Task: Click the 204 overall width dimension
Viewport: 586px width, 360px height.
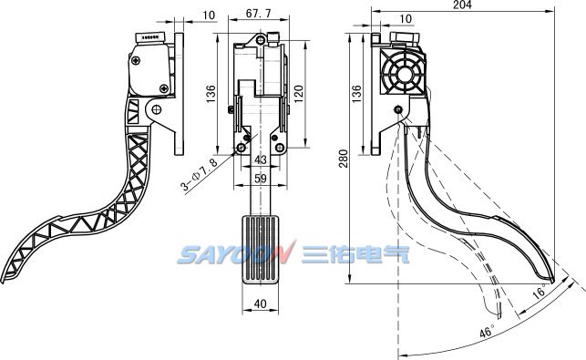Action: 462,5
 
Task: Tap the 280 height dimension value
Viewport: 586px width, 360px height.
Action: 344,159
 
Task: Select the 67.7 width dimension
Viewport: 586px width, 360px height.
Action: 258,13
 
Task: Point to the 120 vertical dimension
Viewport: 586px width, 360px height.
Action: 298,94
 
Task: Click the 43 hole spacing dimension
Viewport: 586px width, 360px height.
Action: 261,159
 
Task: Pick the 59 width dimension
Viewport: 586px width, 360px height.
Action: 261,179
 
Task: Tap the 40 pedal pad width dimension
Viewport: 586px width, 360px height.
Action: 260,303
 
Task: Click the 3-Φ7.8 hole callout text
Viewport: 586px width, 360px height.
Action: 199,175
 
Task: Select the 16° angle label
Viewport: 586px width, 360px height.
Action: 539,291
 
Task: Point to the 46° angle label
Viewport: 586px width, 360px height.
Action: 487,332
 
